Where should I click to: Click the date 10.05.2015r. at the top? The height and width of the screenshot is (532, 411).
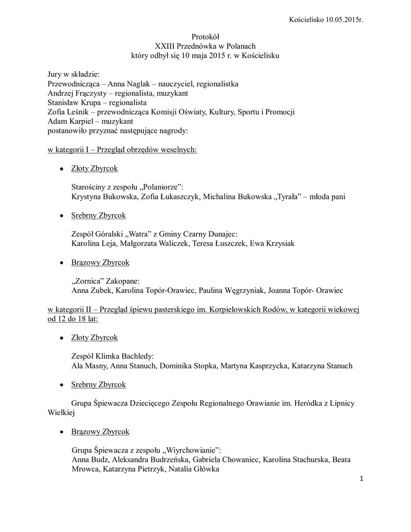[x=344, y=20]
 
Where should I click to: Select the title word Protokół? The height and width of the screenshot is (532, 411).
[x=206, y=36]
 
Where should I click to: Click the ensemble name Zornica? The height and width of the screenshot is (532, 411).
[x=89, y=281]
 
